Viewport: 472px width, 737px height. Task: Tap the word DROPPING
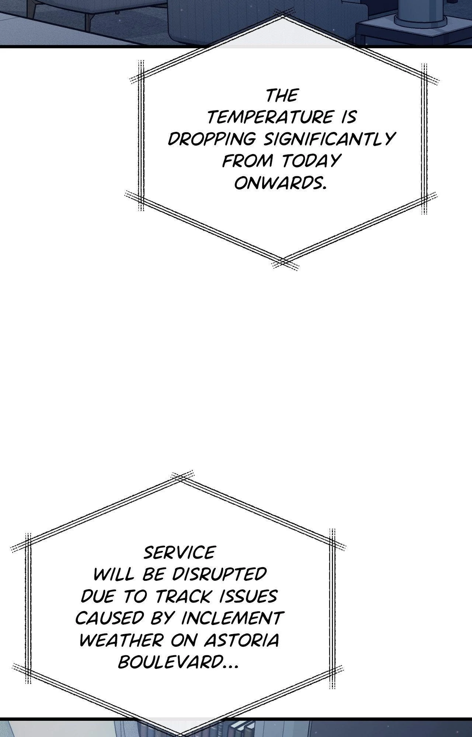tap(212, 139)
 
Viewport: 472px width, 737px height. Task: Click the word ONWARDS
tap(280, 183)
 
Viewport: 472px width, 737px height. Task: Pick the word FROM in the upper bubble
tap(248, 161)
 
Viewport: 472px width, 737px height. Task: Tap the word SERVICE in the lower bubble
tap(179, 553)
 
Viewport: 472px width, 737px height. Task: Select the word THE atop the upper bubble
tap(282, 96)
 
